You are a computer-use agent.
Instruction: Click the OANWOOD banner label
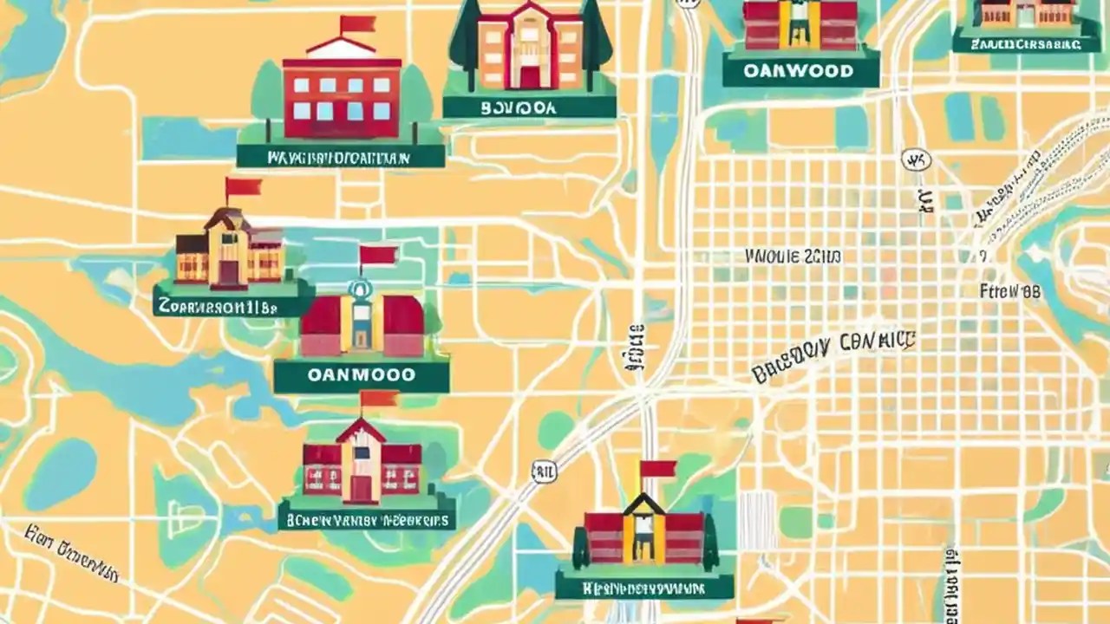[x=800, y=70]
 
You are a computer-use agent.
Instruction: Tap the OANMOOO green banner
[x=362, y=376]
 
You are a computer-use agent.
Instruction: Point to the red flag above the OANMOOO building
[x=377, y=255]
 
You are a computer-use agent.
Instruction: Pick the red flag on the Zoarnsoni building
[x=243, y=186]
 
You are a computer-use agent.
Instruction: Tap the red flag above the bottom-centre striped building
[x=657, y=469]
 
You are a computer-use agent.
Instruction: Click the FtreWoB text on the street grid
[x=1009, y=291]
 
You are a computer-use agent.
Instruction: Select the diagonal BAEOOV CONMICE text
[x=832, y=355]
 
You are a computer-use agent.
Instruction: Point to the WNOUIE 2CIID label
[x=793, y=257]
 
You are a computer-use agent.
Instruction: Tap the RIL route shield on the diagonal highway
[x=543, y=471]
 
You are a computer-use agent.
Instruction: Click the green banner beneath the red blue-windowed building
[x=340, y=157]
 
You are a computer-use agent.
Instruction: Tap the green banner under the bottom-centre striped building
[x=643, y=588]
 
